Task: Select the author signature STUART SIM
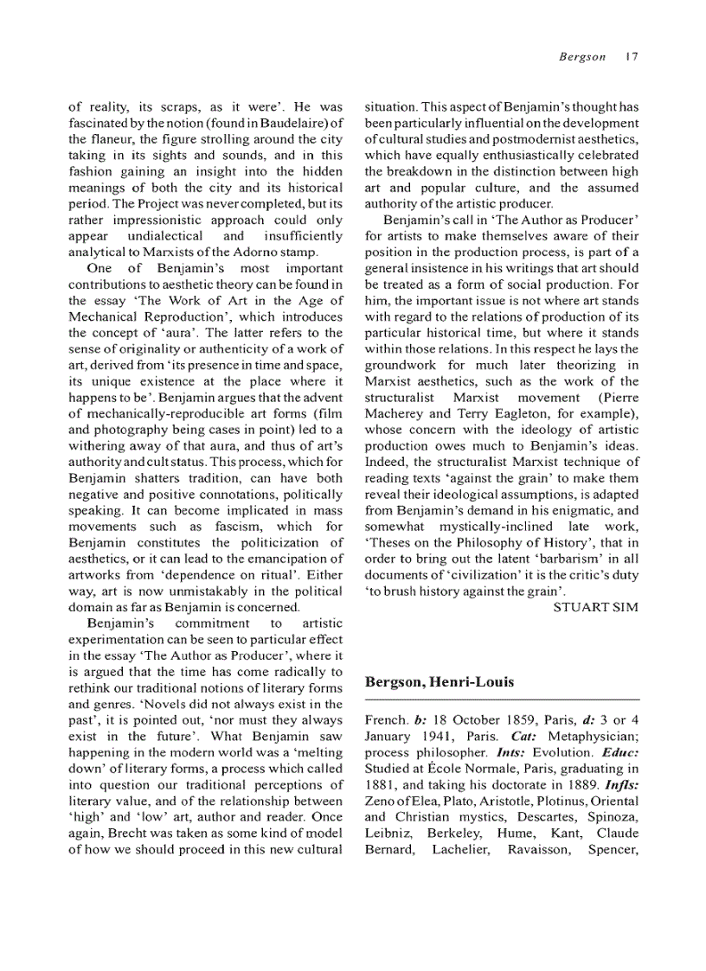click(x=595, y=607)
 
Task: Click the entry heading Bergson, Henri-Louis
click(x=440, y=682)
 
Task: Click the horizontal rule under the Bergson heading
click(x=502, y=698)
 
